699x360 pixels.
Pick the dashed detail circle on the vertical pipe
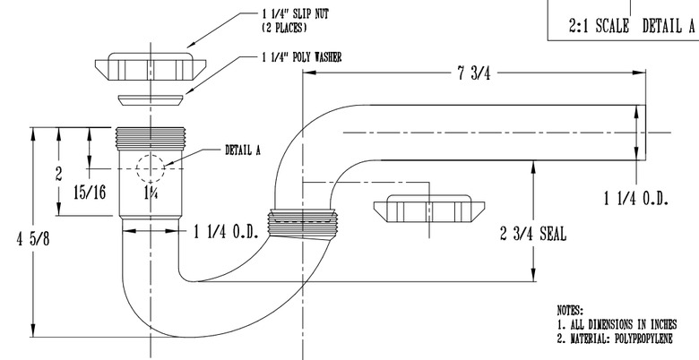[148, 167]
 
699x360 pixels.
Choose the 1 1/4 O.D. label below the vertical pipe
[226, 231]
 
